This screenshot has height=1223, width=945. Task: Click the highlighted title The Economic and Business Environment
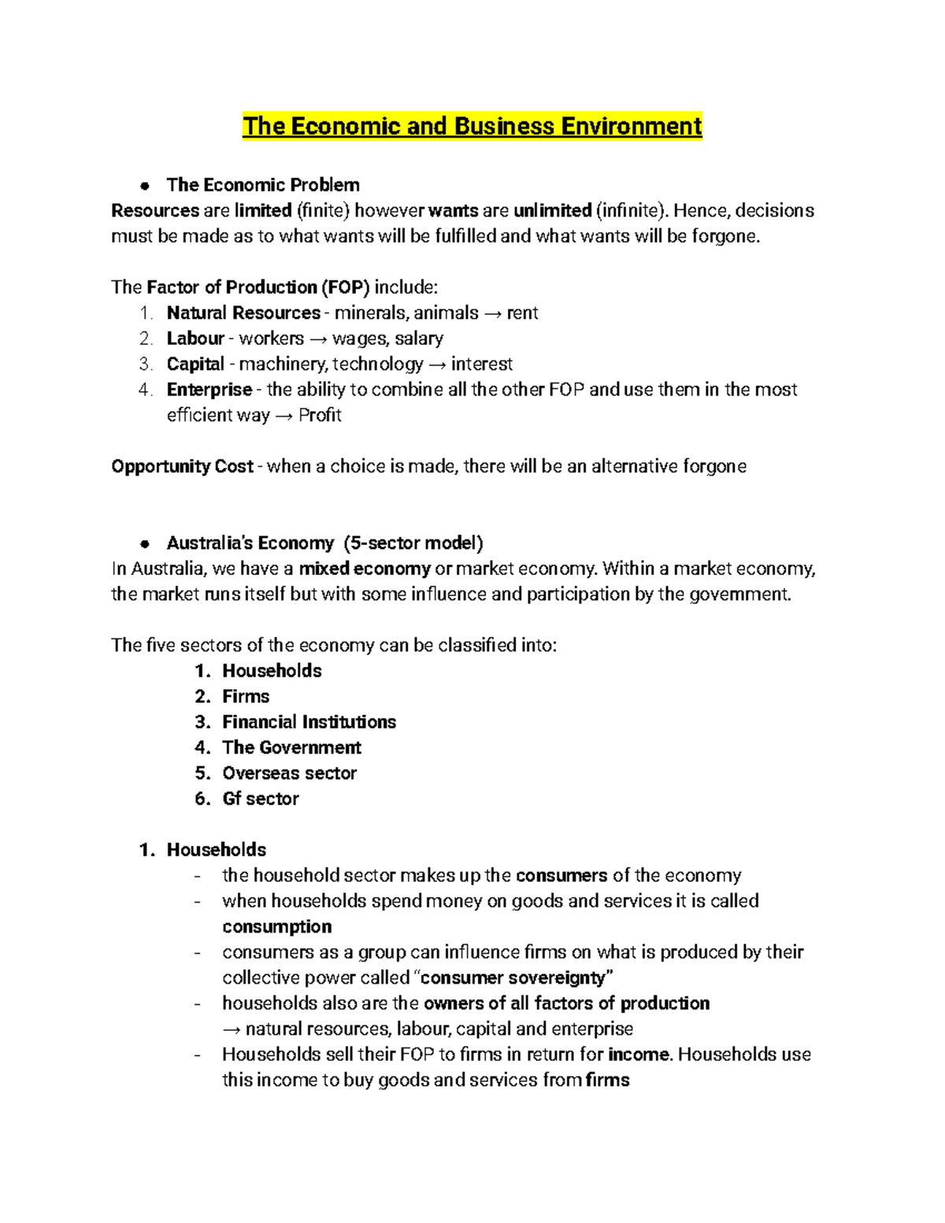(472, 126)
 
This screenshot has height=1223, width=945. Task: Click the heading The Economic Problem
(263, 185)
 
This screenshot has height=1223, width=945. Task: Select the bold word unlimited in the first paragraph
(552, 210)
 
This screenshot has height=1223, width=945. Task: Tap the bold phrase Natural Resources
(243, 313)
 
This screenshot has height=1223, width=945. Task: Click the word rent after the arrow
(522, 313)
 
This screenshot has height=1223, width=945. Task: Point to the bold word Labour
(195, 339)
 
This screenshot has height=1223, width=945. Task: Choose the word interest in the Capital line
(481, 364)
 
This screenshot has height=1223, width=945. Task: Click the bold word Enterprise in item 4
(209, 390)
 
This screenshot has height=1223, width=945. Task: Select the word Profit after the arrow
(320, 415)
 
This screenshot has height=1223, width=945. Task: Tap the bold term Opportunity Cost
(182, 466)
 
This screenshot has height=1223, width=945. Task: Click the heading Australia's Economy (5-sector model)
(324, 543)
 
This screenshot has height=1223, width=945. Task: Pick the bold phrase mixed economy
(365, 569)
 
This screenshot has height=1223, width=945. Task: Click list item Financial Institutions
(309, 722)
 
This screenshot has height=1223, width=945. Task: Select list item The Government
(291, 747)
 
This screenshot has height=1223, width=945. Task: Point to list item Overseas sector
(289, 773)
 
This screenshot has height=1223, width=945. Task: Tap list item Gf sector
(260, 799)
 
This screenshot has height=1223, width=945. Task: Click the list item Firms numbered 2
(246, 696)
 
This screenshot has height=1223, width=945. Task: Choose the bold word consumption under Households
(276, 926)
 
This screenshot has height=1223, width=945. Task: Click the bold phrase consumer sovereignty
(516, 978)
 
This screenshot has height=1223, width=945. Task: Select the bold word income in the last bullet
(639, 1054)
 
